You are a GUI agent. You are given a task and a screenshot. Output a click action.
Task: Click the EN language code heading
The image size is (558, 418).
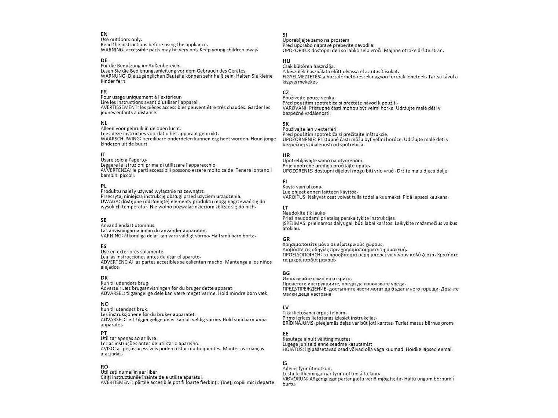(x=104, y=34)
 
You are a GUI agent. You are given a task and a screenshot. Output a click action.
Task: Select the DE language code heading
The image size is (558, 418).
(x=104, y=60)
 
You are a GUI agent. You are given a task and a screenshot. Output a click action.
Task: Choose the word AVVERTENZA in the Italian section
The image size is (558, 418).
(x=115, y=170)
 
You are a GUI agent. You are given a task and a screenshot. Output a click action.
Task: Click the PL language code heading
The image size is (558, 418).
(x=104, y=186)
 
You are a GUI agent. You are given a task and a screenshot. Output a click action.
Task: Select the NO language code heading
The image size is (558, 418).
(x=105, y=304)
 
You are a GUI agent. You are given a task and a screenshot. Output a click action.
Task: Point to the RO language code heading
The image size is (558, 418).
(x=104, y=367)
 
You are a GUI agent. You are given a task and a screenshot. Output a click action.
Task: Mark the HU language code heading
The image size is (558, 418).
(x=286, y=61)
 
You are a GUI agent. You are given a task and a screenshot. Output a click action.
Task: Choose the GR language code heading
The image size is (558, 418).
(x=286, y=239)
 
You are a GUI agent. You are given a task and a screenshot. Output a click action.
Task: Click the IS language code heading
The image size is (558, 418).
(x=285, y=363)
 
